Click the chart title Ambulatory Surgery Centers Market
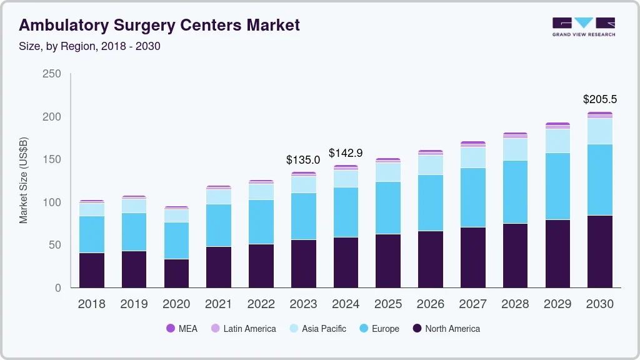[x=159, y=25]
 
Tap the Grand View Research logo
[x=583, y=26]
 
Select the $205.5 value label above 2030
[x=599, y=99]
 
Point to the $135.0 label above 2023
[x=303, y=160]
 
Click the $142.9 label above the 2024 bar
[x=346, y=153]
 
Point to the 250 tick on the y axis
[x=52, y=74]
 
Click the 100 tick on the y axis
[x=52, y=202]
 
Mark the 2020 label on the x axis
[x=176, y=304]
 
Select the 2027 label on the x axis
[x=473, y=304]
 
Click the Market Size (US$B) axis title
[x=24, y=180]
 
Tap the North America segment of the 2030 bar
[x=600, y=251]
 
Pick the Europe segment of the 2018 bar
[x=92, y=234]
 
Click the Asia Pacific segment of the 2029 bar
[x=557, y=141]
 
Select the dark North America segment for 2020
[x=176, y=273]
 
